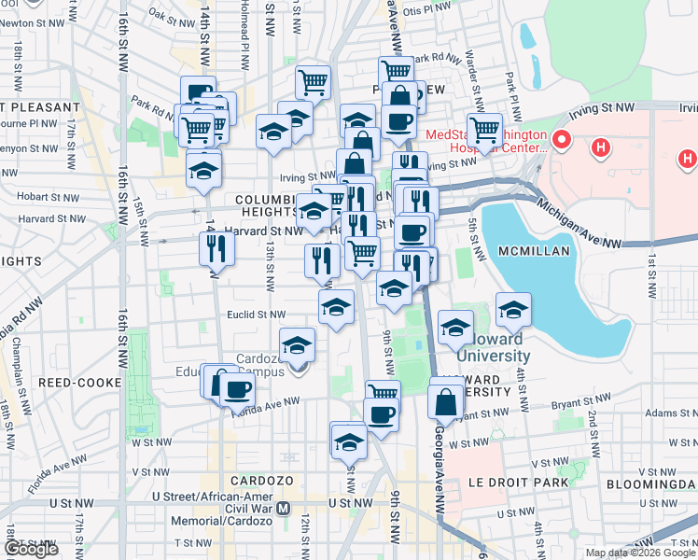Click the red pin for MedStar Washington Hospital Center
click(561, 142)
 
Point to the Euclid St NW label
click(257, 315)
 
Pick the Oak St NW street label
click(170, 16)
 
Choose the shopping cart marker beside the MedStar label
click(484, 131)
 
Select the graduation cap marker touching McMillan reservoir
click(512, 312)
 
